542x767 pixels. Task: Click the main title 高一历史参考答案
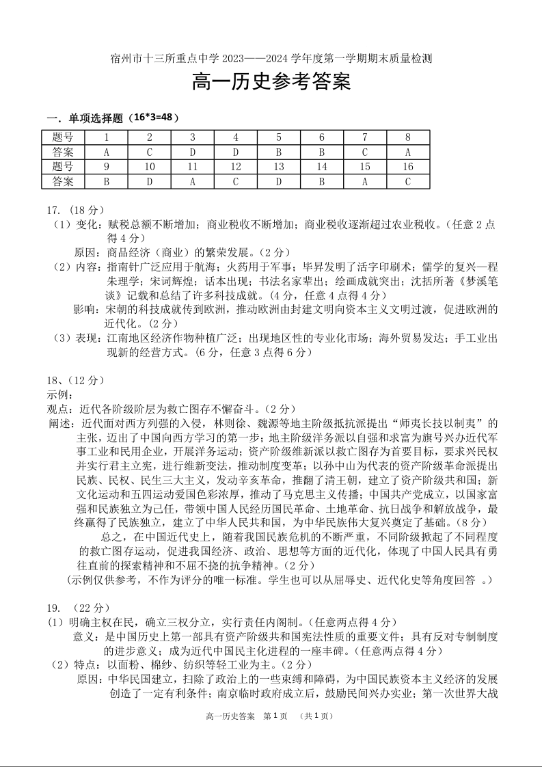click(271, 83)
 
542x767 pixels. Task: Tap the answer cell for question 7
click(365, 152)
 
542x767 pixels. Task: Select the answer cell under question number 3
click(193, 152)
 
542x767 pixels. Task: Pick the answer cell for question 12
click(236, 182)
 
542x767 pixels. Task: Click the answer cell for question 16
click(408, 182)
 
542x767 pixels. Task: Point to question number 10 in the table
click(150, 167)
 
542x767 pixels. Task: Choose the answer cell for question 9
click(107, 182)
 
